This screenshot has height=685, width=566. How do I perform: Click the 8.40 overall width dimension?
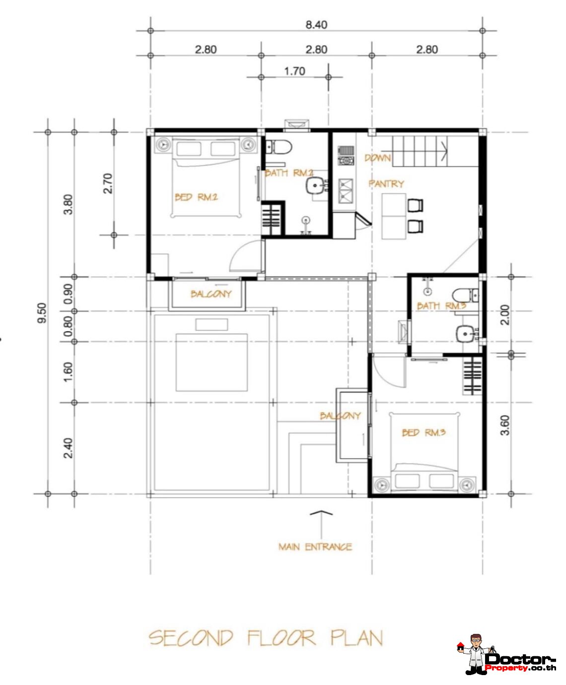coord(316,25)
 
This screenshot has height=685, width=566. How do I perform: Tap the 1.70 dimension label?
coord(294,71)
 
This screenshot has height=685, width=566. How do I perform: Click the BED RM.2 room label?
coord(196,197)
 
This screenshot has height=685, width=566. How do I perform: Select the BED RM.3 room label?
coord(424,433)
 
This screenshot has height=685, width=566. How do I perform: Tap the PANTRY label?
coord(386,184)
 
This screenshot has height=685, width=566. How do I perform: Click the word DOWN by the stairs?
coord(378,158)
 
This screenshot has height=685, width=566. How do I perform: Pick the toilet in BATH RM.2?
coord(278,147)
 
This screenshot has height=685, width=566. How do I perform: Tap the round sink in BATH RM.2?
coord(315,186)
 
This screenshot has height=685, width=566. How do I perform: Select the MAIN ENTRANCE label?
coord(315,547)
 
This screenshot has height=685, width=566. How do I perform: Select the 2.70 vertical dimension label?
coord(108,184)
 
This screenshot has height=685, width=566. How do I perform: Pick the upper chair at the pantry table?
coord(415,205)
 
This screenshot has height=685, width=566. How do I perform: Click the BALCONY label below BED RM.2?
coord(211,294)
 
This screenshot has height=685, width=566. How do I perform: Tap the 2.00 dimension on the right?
coord(505,315)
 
